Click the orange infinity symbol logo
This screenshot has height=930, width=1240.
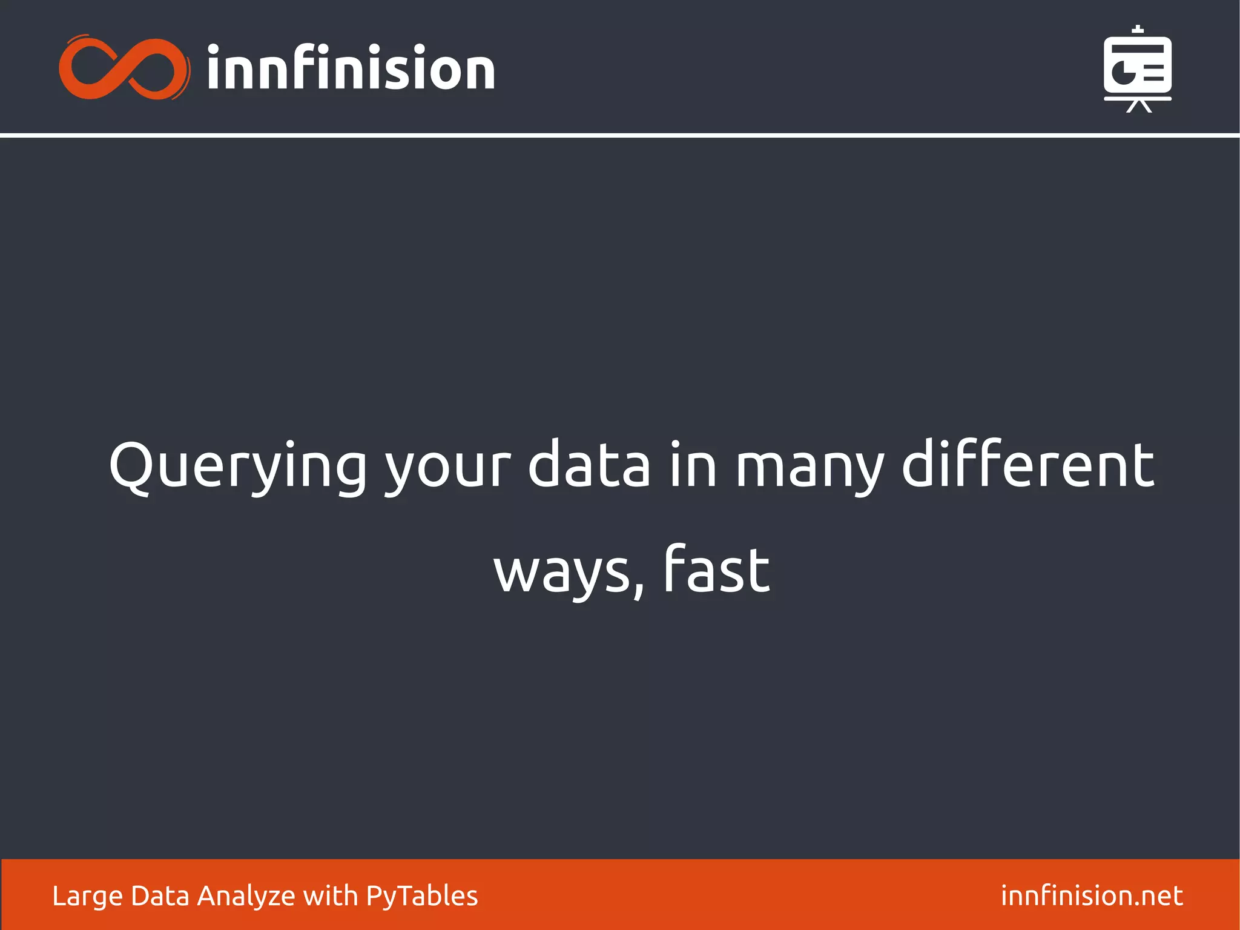pyautogui.click(x=124, y=68)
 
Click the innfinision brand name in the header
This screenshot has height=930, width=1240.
pyautogui.click(x=351, y=68)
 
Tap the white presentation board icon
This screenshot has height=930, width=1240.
pyautogui.click(x=1137, y=68)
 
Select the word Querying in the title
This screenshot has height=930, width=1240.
pyautogui.click(x=237, y=467)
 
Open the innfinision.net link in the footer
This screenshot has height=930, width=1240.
pyautogui.click(x=1092, y=895)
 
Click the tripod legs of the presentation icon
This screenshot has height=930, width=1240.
pyautogui.click(x=1138, y=107)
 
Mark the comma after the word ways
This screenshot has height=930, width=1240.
pyautogui.click(x=638, y=591)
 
